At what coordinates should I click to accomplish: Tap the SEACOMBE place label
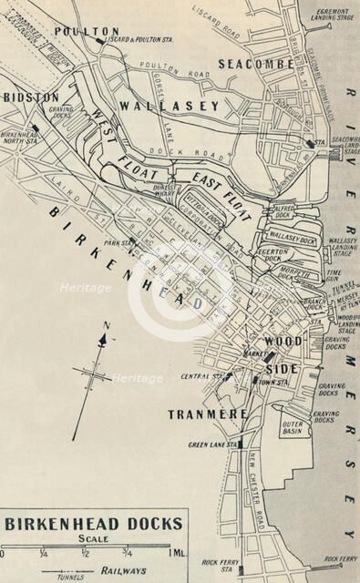256,64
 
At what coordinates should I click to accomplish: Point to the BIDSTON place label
31,96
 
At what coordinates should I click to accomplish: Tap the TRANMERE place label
208,414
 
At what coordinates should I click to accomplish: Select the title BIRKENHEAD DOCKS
93,524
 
